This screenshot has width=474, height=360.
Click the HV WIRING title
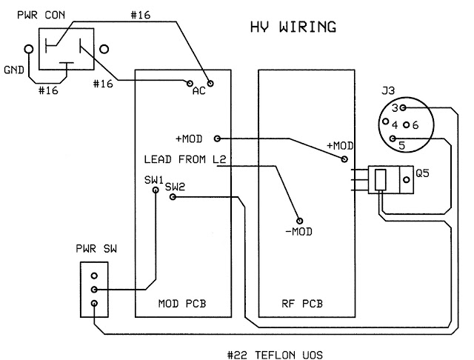[293, 27]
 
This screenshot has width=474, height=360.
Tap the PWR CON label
[41, 15]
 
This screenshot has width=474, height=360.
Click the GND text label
[14, 70]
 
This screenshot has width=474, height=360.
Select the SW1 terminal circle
[156, 190]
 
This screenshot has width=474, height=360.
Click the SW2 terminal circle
[173, 197]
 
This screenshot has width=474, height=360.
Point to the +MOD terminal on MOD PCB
[217, 139]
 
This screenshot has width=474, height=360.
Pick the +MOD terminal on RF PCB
[344, 159]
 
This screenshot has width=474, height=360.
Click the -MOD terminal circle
[299, 221]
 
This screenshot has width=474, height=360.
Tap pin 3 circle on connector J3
[403, 107]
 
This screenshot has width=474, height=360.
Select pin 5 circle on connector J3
[393, 139]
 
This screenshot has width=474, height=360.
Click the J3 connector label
[388, 90]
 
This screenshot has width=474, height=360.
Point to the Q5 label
[422, 173]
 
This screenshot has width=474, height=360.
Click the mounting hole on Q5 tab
[407, 180]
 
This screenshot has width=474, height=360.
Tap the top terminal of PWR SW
[94, 276]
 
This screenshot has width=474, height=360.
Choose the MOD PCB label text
[182, 304]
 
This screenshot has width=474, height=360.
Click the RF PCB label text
[302, 304]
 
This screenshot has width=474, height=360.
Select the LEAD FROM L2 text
[185, 159]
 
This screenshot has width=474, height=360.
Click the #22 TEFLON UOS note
[275, 355]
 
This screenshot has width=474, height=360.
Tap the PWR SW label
[96, 249]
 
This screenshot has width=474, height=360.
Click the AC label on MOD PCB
[199, 90]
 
